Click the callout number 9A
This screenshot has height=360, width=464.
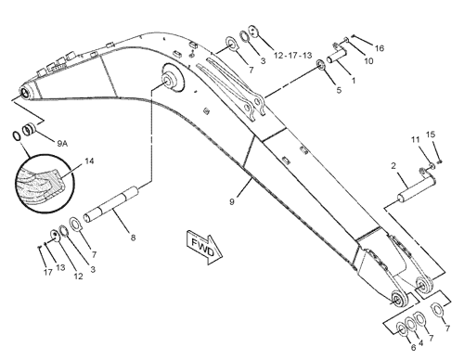click(62, 143)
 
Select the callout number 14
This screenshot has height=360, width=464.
click(89, 161)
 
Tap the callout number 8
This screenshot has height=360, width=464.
click(133, 238)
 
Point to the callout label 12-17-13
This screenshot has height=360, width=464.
click(293, 56)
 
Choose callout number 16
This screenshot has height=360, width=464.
click(380, 48)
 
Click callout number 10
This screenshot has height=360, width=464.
click(368, 61)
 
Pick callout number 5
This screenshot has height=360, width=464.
click(339, 90)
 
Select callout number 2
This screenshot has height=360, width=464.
click(393, 166)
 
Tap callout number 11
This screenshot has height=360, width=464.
click(415, 139)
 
